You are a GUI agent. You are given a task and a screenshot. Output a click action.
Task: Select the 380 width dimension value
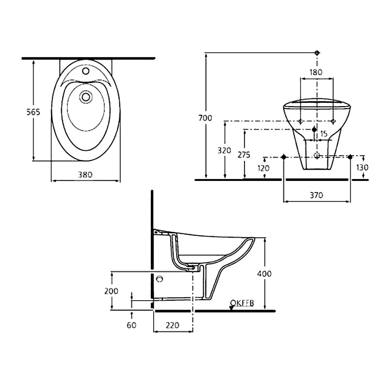click(85, 174)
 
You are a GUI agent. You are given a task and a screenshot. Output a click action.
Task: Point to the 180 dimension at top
click(316, 72)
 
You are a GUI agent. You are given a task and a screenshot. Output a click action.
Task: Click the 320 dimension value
click(224, 151)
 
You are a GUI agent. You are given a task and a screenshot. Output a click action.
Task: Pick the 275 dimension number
click(243, 155)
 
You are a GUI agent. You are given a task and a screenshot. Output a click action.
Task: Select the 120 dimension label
click(264, 168)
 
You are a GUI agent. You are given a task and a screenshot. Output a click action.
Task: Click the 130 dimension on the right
click(362, 167)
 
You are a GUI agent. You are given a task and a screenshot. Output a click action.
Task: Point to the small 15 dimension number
click(324, 133)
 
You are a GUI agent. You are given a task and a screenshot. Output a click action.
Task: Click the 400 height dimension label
click(264, 274)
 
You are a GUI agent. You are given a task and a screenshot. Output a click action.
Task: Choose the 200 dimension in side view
click(112, 291)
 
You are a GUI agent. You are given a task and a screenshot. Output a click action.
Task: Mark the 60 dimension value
click(131, 325)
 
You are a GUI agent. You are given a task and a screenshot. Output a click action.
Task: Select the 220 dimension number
click(173, 325)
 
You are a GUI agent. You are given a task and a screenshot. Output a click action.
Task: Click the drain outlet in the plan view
click(86, 97)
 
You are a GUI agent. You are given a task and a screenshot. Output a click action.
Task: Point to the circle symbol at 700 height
click(317, 52)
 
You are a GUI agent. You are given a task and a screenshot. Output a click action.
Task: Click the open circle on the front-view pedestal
click(317, 156)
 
